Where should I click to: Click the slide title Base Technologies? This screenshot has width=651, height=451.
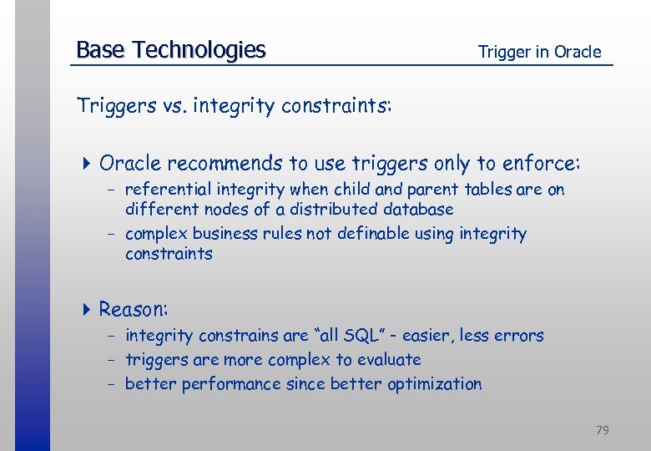click(x=170, y=50)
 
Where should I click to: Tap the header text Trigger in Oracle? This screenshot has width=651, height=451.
click(x=539, y=52)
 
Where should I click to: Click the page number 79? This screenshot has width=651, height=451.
click(x=602, y=430)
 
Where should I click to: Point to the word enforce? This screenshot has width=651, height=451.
click(x=545, y=162)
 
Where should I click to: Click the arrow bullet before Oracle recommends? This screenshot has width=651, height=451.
click(x=88, y=162)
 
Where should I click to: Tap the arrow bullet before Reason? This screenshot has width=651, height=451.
click(x=88, y=310)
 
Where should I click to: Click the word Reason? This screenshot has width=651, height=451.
click(x=134, y=310)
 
